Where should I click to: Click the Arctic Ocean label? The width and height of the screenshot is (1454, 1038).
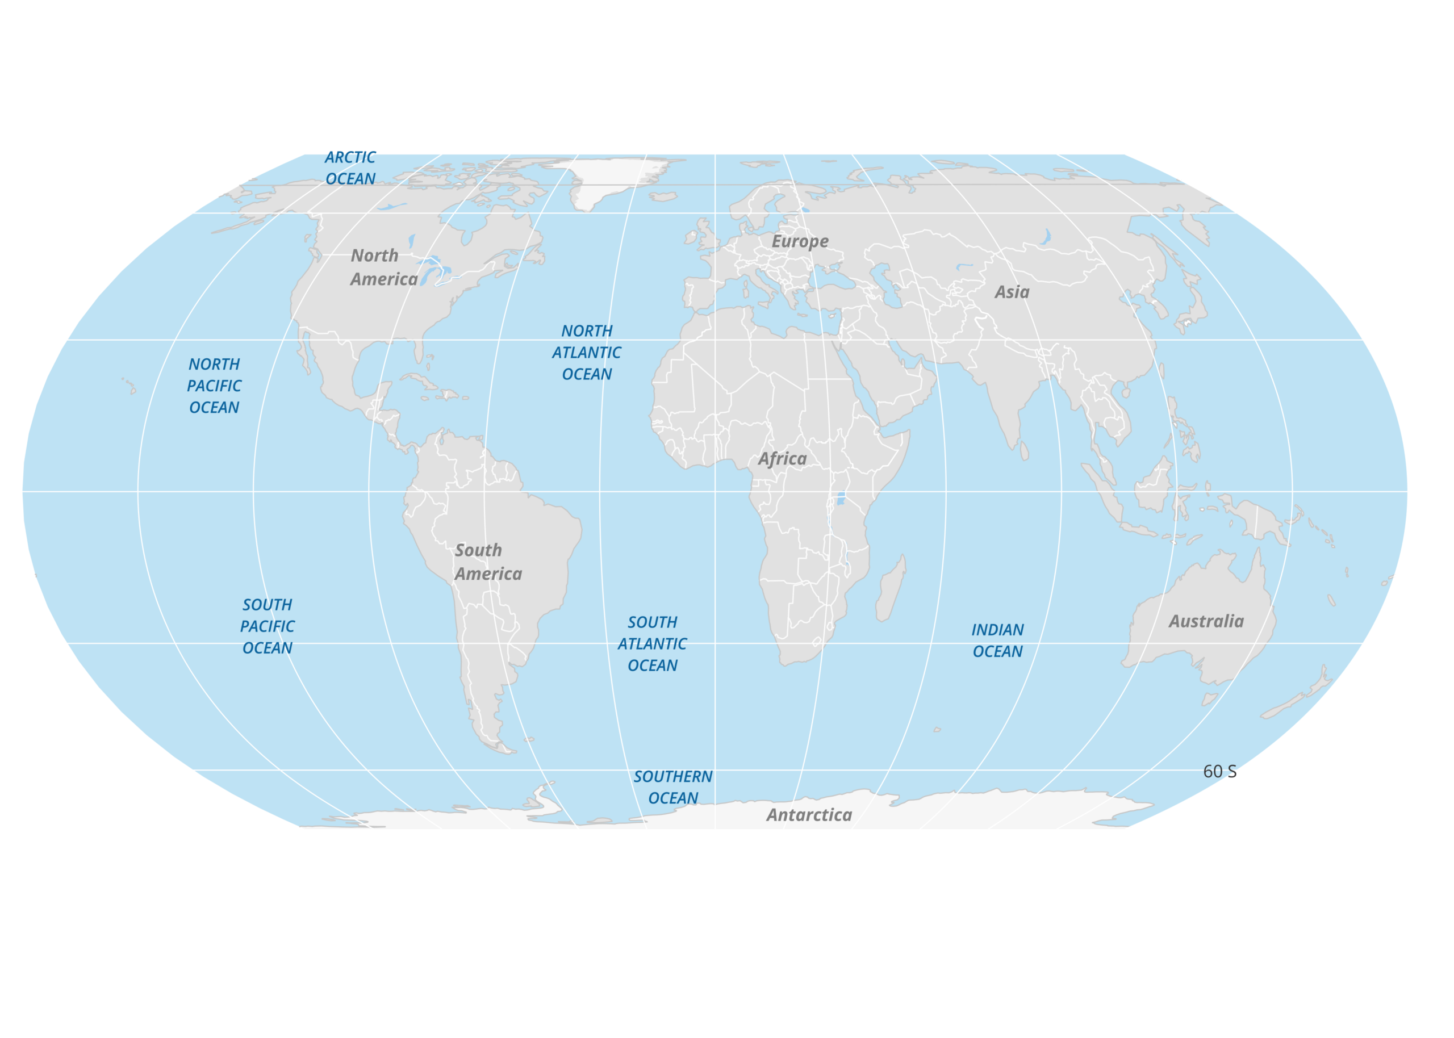coord(350,168)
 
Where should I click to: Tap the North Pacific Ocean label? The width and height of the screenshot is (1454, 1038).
coord(214,386)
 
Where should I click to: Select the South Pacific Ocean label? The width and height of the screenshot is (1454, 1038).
coord(267,626)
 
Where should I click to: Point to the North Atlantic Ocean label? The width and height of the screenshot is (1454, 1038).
coord(586,353)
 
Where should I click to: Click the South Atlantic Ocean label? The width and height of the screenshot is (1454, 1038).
coord(652,643)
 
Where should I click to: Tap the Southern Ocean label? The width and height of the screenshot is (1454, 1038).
coord(672,787)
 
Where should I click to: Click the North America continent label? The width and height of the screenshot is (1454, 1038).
coord(383,267)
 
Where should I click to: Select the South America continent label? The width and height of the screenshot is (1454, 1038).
coord(488,562)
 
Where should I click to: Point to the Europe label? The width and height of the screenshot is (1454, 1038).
coord(800,241)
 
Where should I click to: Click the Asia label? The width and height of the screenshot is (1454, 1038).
coord(1012,292)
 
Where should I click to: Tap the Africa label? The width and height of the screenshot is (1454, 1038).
coord(782,459)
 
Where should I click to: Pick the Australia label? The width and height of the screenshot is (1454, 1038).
coord(1206,621)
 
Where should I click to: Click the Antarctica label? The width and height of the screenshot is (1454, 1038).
coord(809,815)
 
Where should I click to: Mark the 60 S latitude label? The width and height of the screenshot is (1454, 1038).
coord(1219,772)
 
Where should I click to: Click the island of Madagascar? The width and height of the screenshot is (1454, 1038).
coord(891,589)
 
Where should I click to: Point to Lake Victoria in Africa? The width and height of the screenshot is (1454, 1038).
coord(841,498)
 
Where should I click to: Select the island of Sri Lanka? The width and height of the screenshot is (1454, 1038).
coord(1024,451)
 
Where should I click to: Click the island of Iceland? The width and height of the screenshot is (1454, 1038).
coord(663,197)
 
